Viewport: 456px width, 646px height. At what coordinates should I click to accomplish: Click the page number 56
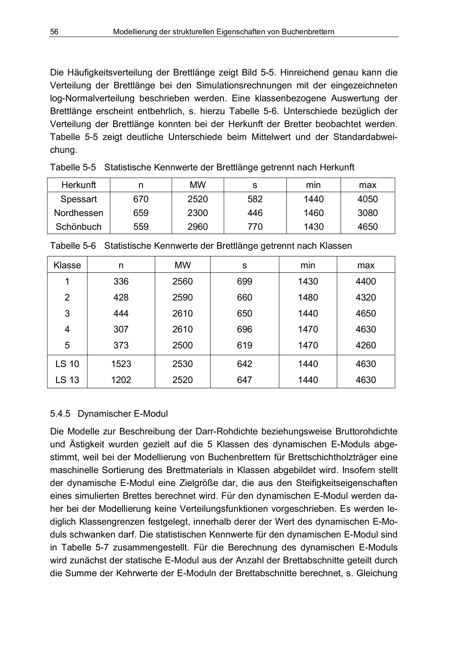54,32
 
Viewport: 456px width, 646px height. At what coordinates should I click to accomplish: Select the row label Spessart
79,199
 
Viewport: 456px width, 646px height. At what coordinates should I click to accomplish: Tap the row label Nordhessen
79,213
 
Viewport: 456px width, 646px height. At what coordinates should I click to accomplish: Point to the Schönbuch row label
79,227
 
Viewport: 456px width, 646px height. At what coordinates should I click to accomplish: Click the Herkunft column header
79,185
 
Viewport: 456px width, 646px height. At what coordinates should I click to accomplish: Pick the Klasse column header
67,265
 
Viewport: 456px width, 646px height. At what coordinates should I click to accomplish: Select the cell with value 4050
368,199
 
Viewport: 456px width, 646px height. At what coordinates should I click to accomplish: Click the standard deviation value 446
255,213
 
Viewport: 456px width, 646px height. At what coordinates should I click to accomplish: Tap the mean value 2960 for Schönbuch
198,227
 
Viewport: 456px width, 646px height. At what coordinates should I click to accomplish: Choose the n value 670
141,199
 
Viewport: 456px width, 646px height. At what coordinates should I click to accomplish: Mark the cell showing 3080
368,213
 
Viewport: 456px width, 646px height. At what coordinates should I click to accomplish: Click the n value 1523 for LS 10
121,364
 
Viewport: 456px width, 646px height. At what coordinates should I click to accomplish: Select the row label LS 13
67,380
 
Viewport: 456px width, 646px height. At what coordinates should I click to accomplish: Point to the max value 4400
366,282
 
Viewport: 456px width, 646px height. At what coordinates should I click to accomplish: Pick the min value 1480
308,298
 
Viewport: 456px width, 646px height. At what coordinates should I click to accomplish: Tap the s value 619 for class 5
244,345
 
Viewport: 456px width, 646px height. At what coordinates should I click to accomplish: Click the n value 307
121,329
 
